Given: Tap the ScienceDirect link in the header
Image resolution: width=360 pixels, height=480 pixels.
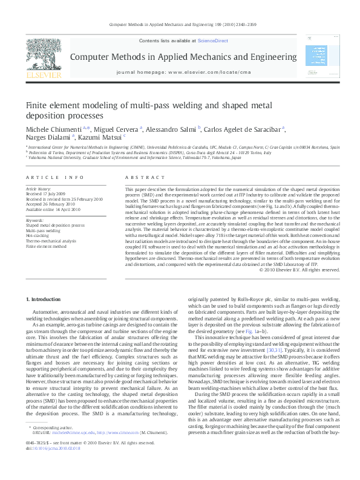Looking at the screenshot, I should click(x=213, y=40).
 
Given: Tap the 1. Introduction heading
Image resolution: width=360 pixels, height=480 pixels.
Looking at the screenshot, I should click(x=45, y=299).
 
